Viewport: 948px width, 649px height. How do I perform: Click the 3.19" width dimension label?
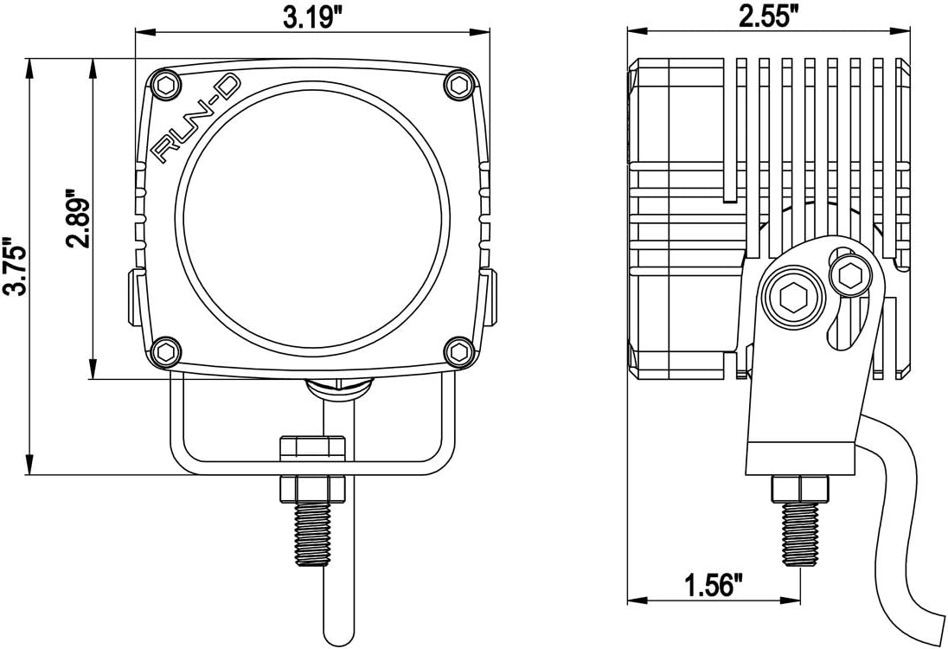[311, 18]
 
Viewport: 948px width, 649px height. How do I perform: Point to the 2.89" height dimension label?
[77, 217]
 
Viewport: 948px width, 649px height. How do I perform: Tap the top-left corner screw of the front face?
[163, 85]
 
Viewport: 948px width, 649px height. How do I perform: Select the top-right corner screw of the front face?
[458, 85]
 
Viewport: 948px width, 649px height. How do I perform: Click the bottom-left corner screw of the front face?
[163, 351]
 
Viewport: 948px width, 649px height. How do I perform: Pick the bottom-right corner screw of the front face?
[458, 351]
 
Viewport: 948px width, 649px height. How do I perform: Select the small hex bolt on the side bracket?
[847, 276]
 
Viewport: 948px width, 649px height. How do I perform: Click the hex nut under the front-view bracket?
[312, 488]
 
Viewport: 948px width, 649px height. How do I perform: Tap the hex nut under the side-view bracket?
[800, 488]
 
